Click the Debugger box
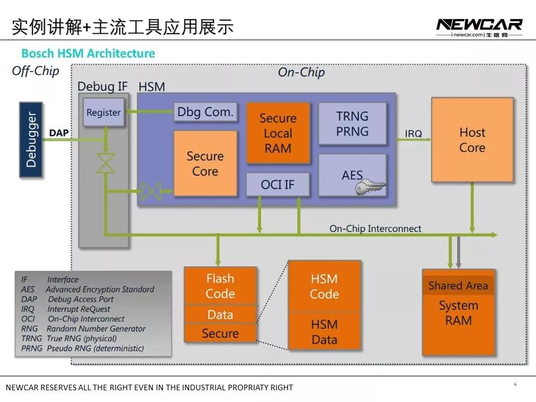[31, 140]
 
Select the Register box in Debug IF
[103, 112]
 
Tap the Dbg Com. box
[205, 112]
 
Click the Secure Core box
[205, 164]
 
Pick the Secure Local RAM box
[277, 133]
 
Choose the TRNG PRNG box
[352, 124]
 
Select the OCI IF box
[277, 184]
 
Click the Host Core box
[472, 140]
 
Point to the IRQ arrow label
[413, 134]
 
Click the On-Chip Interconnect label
[375, 228]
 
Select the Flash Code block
[220, 286]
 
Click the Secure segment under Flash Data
[220, 333]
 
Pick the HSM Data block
[324, 332]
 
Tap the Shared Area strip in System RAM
[458, 286]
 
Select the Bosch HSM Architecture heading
[88, 54]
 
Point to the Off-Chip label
[35, 71]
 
